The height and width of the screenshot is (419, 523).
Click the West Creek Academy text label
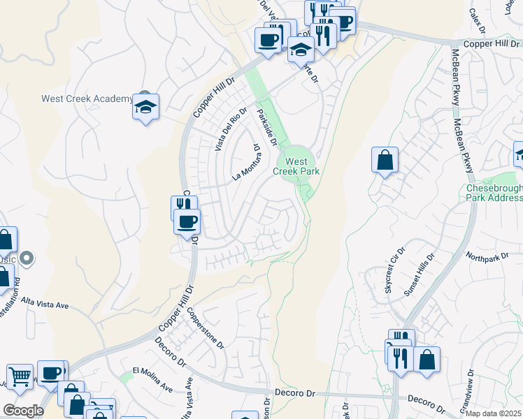pos(87,98)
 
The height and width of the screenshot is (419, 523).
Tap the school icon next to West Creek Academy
pos(145,107)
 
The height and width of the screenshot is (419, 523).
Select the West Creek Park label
pos(302,166)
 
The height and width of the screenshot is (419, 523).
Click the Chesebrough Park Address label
pos(494,193)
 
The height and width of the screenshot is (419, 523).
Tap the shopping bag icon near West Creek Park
pos(385,160)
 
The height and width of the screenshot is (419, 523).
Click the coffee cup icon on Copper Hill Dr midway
pos(187,222)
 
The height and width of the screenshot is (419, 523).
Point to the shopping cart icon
pos(20,376)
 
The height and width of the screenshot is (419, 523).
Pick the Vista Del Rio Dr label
pos(231,130)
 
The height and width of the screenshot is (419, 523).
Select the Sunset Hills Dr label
pos(420,275)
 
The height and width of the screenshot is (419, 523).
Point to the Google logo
pos(23,411)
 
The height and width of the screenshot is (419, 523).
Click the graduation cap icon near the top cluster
pos(301,50)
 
